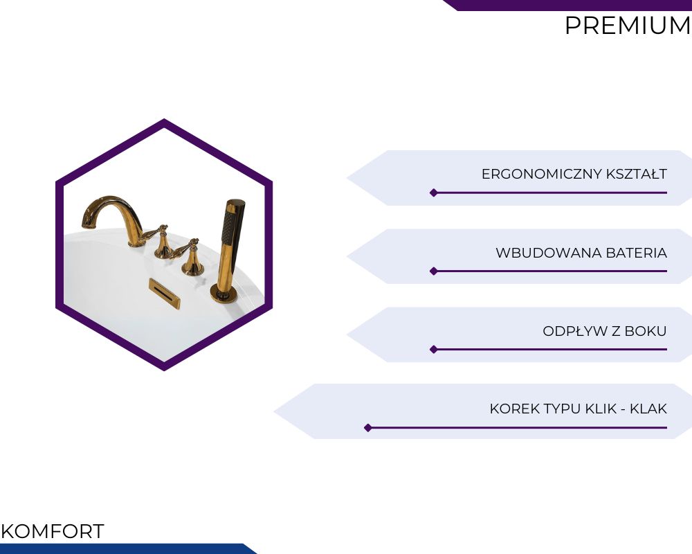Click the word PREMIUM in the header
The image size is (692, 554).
point(628,25)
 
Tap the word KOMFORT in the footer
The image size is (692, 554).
point(53,531)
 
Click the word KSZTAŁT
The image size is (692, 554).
point(637,174)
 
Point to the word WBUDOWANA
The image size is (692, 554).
point(549,253)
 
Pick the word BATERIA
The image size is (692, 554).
point(637,253)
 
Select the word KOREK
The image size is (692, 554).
point(513,409)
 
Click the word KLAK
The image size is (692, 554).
point(648,409)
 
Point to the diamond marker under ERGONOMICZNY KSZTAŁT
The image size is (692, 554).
point(434,193)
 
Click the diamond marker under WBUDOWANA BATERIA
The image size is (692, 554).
point(434,271)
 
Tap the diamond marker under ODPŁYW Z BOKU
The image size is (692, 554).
point(434,350)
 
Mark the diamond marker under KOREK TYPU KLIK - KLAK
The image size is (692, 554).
point(368,428)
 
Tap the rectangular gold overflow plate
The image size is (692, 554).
point(164,294)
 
